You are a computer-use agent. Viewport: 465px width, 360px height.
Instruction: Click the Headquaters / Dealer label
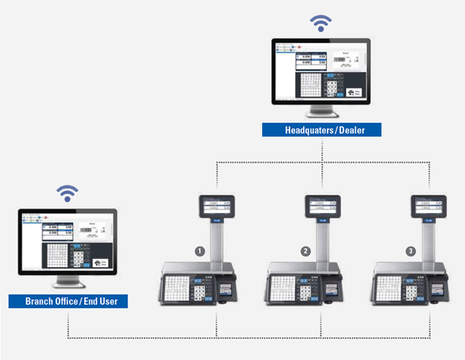[x=321, y=130]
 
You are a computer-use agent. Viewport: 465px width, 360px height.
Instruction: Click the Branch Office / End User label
[x=68, y=301]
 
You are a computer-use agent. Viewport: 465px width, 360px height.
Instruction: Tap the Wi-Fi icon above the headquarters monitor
[x=320, y=24]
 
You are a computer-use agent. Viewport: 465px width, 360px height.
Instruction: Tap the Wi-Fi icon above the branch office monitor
[x=68, y=193]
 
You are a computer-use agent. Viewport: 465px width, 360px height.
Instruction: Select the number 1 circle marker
[x=201, y=250]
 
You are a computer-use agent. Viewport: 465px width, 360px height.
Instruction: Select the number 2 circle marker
[x=306, y=250]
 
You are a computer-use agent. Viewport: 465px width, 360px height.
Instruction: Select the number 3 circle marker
[x=411, y=250]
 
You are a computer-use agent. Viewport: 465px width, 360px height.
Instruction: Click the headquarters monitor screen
[x=320, y=72]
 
